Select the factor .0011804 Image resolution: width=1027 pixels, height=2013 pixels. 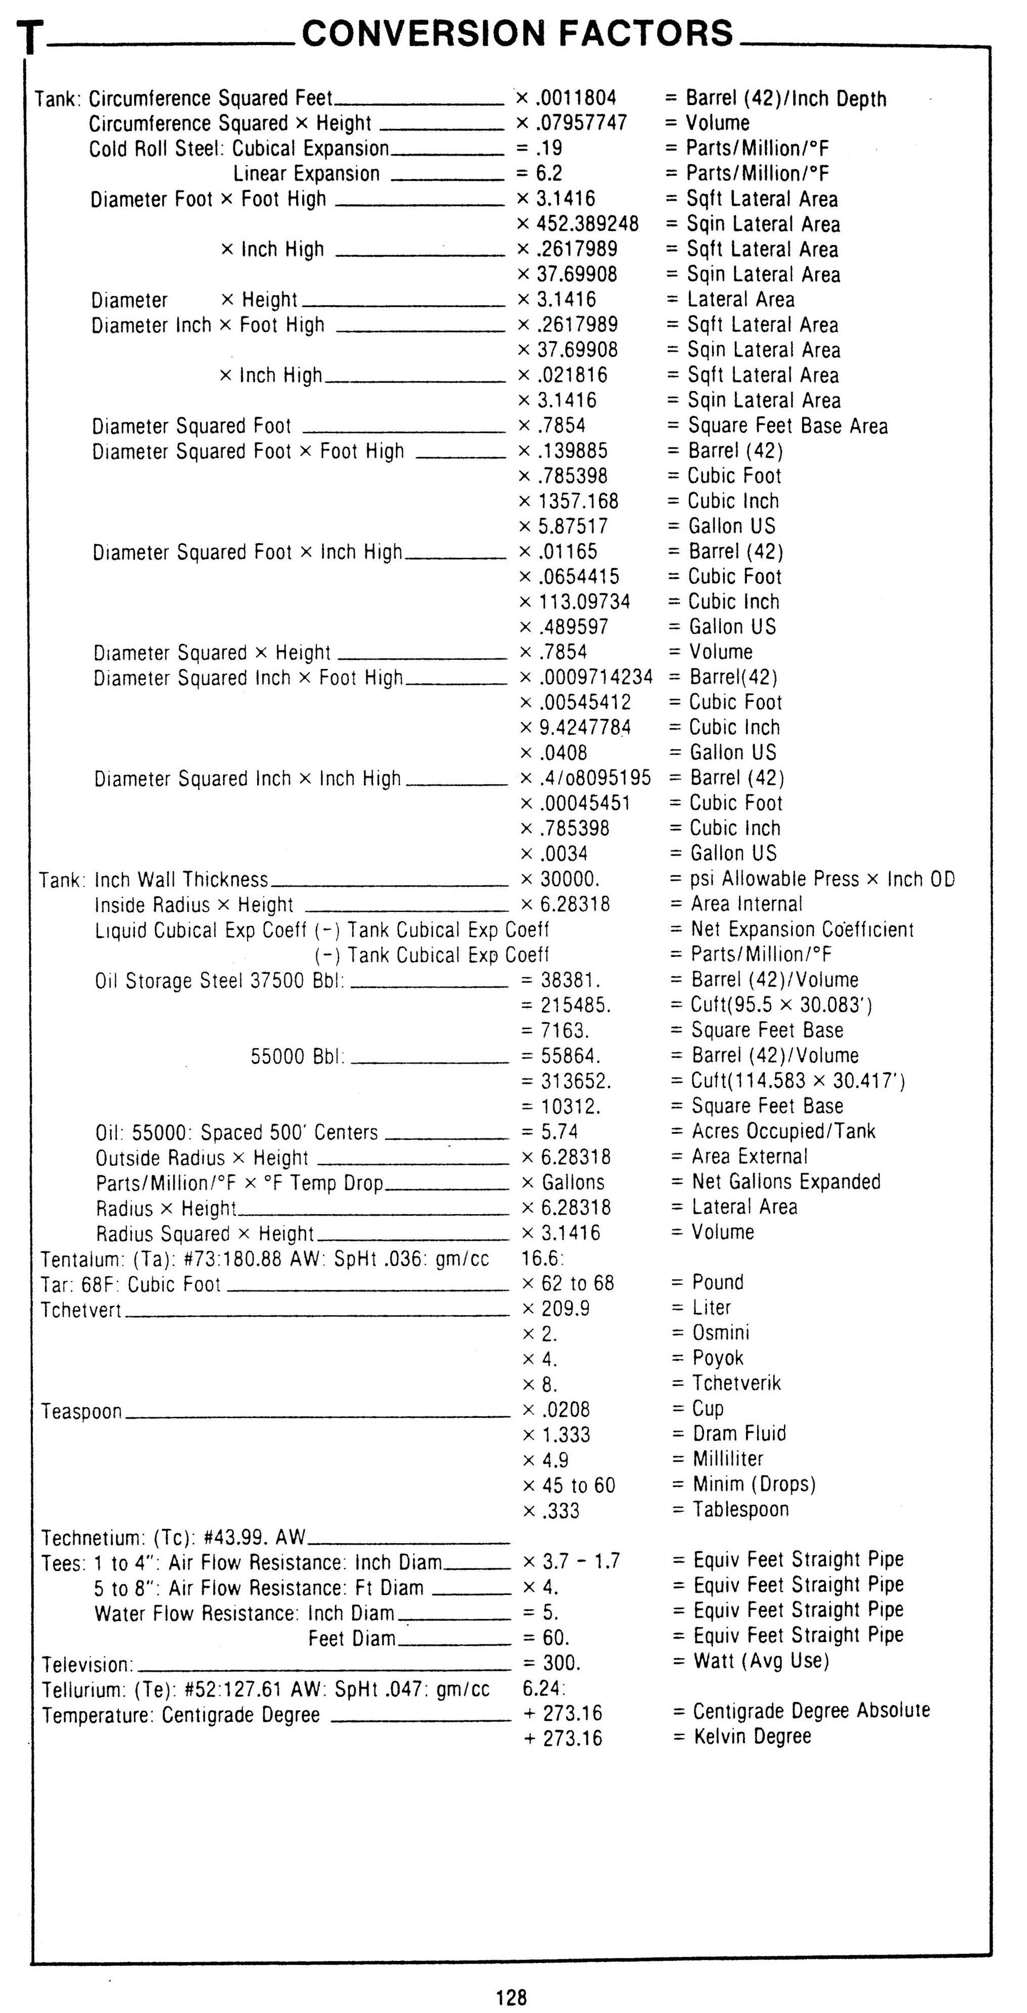click(x=576, y=98)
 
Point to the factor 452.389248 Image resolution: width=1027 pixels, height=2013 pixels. click(x=587, y=224)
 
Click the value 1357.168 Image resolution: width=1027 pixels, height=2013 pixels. click(x=578, y=501)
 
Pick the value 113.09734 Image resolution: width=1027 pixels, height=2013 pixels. click(x=584, y=602)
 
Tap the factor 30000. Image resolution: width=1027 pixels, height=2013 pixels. click(x=570, y=879)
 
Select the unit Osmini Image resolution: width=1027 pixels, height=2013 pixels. click(x=721, y=1332)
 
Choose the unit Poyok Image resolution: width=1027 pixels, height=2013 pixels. click(x=718, y=1358)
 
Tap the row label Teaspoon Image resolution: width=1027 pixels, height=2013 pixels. click(x=82, y=1411)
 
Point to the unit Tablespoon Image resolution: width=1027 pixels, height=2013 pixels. click(x=740, y=1509)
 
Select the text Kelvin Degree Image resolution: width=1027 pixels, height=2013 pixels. click(x=752, y=1737)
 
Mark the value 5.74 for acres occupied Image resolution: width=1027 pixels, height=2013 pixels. click(x=559, y=1131)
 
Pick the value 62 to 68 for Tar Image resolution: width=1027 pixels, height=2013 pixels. click(x=578, y=1283)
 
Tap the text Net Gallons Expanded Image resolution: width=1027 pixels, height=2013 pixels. click(x=785, y=1181)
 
